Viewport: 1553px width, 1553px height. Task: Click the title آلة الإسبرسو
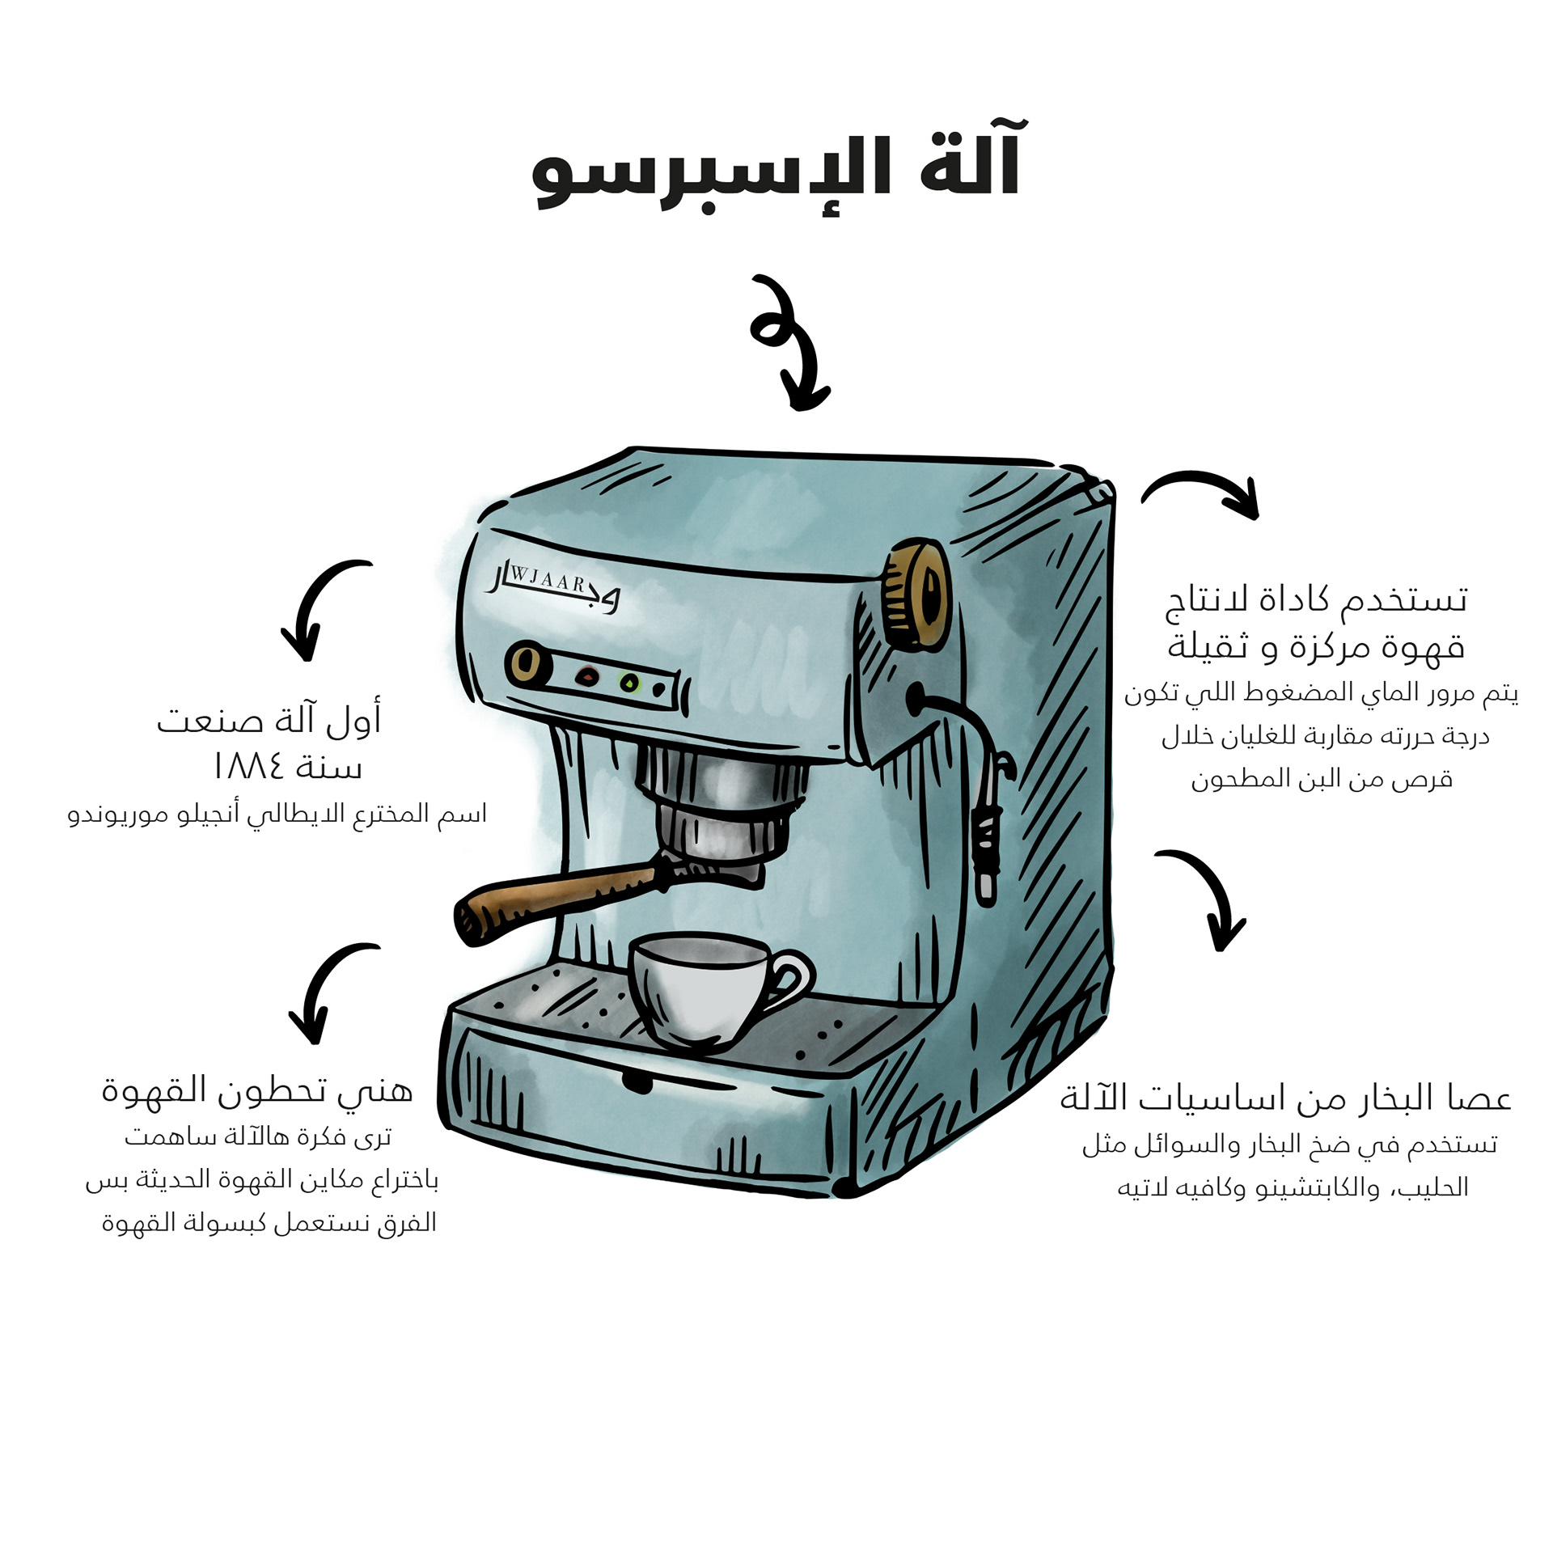(x=776, y=170)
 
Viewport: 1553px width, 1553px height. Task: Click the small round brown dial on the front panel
(x=527, y=662)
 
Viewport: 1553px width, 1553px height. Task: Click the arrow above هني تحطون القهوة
(x=328, y=991)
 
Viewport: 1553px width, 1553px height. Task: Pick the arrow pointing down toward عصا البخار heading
(x=1209, y=898)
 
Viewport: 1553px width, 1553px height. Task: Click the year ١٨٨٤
(x=248, y=766)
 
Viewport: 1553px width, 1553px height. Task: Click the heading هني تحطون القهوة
(x=257, y=1090)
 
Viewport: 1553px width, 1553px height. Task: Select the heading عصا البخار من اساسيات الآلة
(x=1285, y=1098)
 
